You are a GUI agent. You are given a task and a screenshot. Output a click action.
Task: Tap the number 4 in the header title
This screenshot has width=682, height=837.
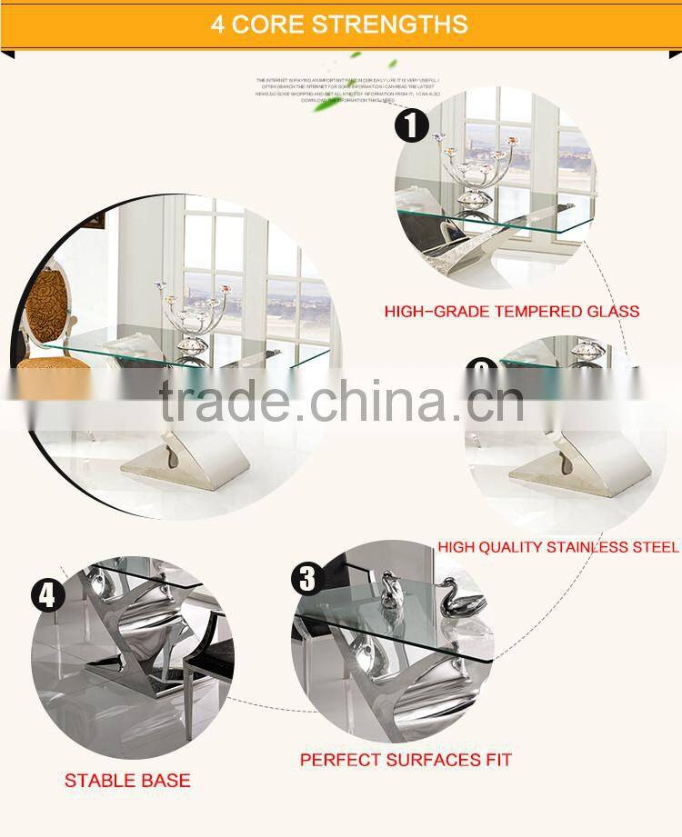[218, 24]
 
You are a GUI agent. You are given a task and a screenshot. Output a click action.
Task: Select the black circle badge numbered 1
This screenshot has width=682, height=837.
[411, 125]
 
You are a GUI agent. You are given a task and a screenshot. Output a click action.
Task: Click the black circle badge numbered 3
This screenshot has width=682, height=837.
[307, 578]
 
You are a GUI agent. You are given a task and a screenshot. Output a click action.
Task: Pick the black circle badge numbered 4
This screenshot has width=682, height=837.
[47, 596]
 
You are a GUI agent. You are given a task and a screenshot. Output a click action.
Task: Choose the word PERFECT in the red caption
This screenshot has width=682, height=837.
[339, 759]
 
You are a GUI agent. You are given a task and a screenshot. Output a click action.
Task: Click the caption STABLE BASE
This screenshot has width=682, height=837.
[127, 781]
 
